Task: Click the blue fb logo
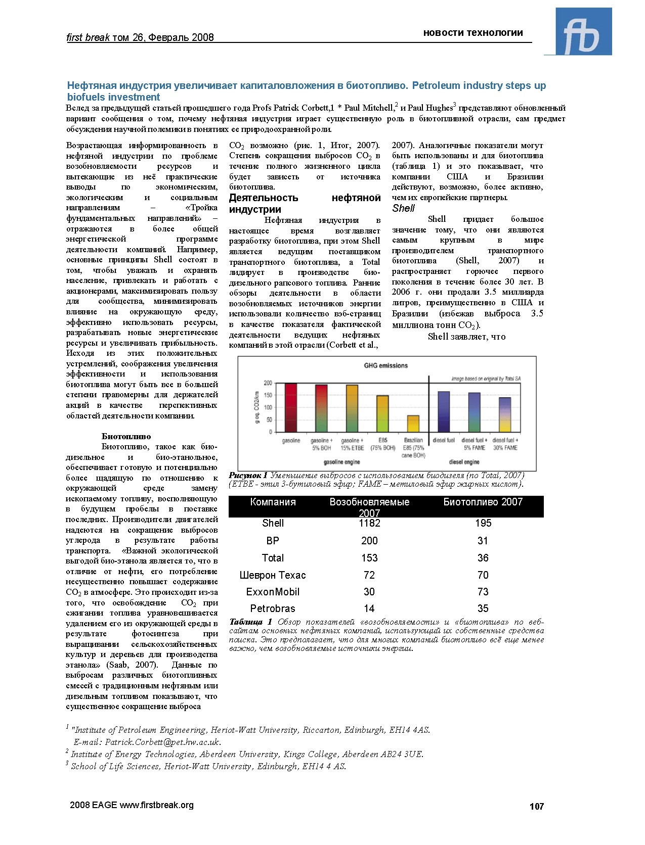(x=583, y=31)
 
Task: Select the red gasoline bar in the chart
(x=291, y=407)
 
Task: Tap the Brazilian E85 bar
(x=413, y=424)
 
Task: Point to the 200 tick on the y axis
(x=268, y=383)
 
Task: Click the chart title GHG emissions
(x=385, y=365)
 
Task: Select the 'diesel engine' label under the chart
(x=464, y=462)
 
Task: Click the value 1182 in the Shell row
(x=369, y=524)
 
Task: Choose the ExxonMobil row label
(x=273, y=592)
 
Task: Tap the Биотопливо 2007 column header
(x=483, y=502)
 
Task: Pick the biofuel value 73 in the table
(x=483, y=592)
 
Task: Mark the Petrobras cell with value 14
(x=369, y=608)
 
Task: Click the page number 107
(x=536, y=807)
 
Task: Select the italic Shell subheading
(x=403, y=208)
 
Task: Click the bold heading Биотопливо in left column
(x=126, y=436)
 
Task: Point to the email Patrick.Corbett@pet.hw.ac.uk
(x=163, y=742)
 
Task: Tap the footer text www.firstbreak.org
(x=156, y=805)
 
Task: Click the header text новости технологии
(x=473, y=33)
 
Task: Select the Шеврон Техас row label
(x=273, y=575)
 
